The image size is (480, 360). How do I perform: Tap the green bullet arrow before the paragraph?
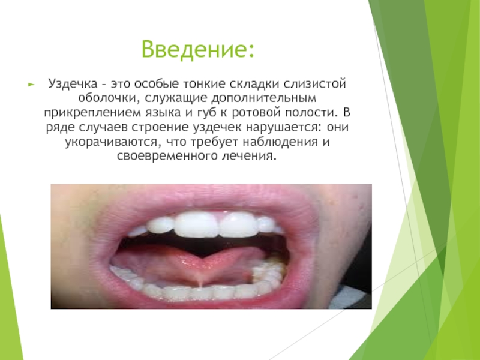pyautogui.click(x=31, y=84)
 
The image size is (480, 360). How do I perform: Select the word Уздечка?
pyautogui.click(x=72, y=83)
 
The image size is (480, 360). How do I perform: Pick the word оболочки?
pyautogui.click(x=107, y=98)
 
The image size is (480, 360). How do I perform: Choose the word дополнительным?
pyautogui.click(x=263, y=98)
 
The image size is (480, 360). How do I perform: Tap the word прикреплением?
pyautogui.click(x=92, y=113)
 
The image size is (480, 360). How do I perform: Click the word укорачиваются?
pyautogui.click(x=111, y=142)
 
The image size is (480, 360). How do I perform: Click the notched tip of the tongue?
pyautogui.click(x=201, y=258)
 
